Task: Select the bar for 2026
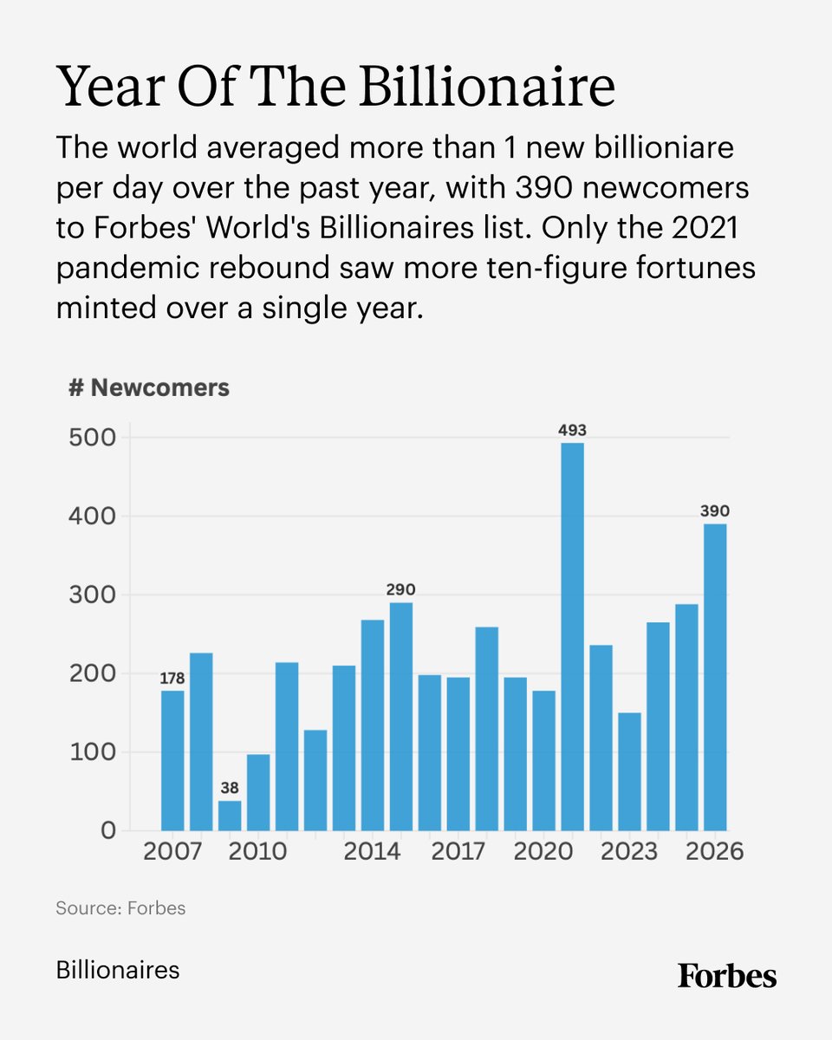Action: (x=715, y=677)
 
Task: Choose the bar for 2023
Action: (x=629, y=770)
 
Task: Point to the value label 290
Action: (x=400, y=590)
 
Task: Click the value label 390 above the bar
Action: (x=715, y=512)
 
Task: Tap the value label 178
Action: (x=172, y=679)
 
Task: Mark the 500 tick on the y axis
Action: (x=92, y=438)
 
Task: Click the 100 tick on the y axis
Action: (x=92, y=751)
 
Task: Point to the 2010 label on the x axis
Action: (x=257, y=852)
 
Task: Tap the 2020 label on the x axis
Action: (x=543, y=852)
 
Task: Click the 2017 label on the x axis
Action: (x=458, y=852)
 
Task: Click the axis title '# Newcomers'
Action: (x=149, y=387)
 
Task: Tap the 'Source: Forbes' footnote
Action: (x=120, y=908)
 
